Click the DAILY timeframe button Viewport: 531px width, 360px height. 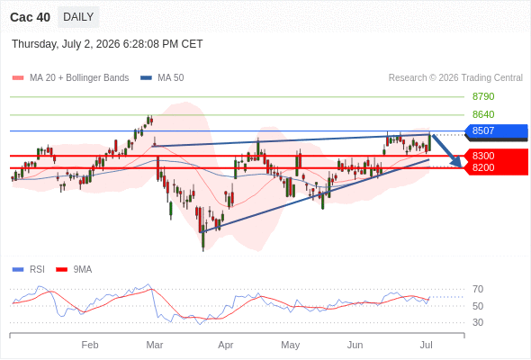coord(78,17)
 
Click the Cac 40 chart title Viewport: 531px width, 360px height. coord(30,17)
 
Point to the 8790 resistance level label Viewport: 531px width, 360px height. coord(483,96)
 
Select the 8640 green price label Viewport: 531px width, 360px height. coord(483,114)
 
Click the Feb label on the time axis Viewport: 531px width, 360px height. coord(90,345)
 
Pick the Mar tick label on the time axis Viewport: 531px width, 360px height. coord(155,345)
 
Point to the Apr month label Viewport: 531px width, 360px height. coord(226,345)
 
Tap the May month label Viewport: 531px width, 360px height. coord(290,345)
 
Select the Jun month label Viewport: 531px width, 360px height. coord(355,345)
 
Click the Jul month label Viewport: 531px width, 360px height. coord(426,345)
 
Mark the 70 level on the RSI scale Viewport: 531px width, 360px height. coord(478,289)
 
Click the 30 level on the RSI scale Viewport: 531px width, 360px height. coord(478,322)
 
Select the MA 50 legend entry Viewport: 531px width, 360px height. coord(162,78)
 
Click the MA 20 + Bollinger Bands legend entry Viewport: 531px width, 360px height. coord(70,78)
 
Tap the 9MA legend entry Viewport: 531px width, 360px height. coord(74,270)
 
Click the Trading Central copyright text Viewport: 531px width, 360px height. coord(455,78)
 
